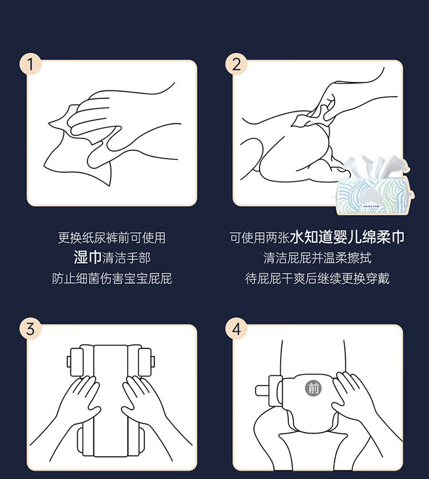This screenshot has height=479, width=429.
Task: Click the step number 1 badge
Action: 30,64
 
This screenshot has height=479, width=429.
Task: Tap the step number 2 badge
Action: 236,64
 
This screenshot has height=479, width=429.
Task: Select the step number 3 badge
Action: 30,329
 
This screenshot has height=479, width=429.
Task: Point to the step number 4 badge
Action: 236,329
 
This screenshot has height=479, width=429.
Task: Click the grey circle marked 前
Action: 313,388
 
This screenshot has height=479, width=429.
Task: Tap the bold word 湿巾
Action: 88,257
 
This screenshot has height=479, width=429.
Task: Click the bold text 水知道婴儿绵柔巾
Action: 347,237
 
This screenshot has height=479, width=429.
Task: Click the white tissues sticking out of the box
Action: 378,165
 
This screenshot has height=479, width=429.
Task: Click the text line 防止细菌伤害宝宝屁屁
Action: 112,278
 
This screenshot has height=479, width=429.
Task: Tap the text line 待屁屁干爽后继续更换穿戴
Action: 317,278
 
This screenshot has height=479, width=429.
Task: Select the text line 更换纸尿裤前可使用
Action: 112,237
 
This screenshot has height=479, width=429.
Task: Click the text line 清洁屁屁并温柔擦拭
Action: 317,258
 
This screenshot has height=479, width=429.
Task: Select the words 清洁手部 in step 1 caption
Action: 126,258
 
